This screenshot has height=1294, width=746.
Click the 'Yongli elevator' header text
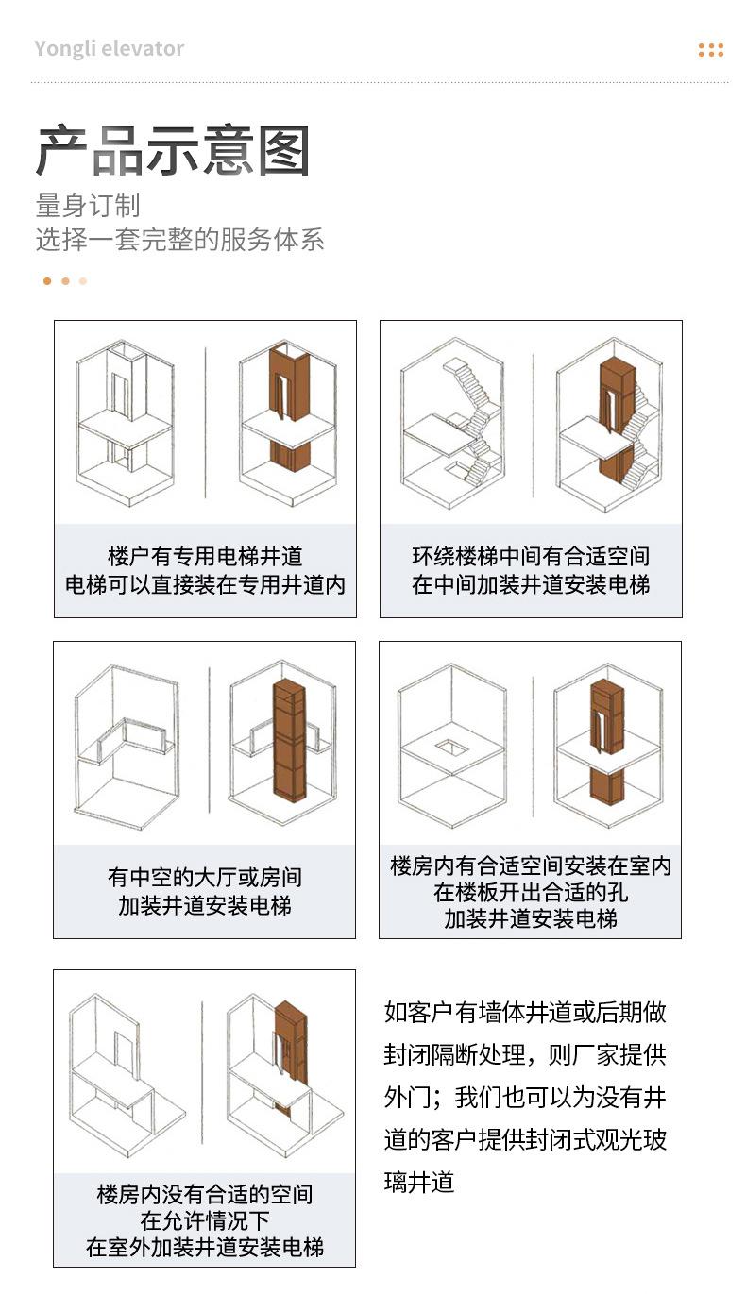(110, 49)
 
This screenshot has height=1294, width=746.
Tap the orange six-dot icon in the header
(710, 50)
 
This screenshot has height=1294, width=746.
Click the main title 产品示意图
(173, 150)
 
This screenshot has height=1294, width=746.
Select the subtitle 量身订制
(88, 206)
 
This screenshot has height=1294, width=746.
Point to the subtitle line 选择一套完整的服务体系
(179, 240)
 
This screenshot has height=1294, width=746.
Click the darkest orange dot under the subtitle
(47, 281)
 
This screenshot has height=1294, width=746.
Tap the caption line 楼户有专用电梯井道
(205, 556)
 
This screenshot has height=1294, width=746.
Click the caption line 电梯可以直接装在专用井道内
(205, 584)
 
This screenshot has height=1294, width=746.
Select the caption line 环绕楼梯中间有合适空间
(531, 556)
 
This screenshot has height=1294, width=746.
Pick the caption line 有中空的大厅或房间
(205, 877)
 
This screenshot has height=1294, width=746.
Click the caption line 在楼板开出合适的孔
(531, 893)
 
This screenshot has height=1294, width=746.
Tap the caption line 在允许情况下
(205, 1220)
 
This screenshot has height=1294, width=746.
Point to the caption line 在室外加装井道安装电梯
(205, 1247)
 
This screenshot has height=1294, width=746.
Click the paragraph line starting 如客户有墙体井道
(525, 1012)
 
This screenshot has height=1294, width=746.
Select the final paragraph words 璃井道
(419, 1182)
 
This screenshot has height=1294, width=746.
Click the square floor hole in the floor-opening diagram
(451, 748)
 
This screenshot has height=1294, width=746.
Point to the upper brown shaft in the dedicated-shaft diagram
(290, 383)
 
